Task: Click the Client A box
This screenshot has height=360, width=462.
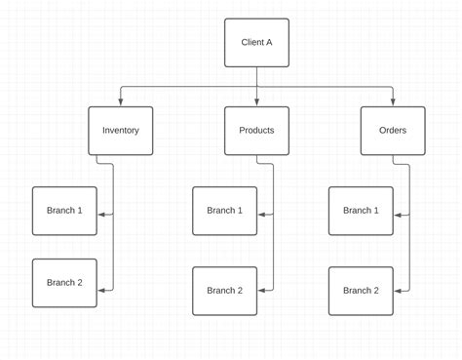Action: pos(256,43)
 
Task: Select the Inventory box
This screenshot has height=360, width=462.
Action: pos(121,131)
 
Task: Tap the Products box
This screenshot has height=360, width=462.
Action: pos(256,131)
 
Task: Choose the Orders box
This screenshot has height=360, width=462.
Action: pos(392,131)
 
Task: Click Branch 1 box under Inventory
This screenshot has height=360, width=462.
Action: pos(64,211)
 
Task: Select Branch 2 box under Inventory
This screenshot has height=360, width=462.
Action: pos(64,283)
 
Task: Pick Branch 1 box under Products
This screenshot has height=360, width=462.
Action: pos(224,211)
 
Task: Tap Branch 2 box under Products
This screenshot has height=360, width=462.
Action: pos(224,291)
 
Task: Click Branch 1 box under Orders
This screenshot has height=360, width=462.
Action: pos(361,211)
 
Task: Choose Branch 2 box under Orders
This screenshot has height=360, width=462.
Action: pos(361,291)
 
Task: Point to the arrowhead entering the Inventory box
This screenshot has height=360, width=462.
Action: pos(121,102)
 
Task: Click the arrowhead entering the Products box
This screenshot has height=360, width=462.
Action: pos(256,102)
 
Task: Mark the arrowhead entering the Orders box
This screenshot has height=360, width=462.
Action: pos(392,102)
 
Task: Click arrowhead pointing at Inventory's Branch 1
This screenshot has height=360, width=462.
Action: pos(101,214)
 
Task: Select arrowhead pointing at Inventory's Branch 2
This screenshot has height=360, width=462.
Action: pos(101,290)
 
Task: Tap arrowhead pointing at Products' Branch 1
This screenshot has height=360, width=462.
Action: pos(261,214)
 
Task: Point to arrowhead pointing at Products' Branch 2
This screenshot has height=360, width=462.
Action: pos(261,290)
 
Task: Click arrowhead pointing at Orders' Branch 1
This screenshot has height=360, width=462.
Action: pos(398,214)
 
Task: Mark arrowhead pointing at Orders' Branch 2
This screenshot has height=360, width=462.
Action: pos(398,290)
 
